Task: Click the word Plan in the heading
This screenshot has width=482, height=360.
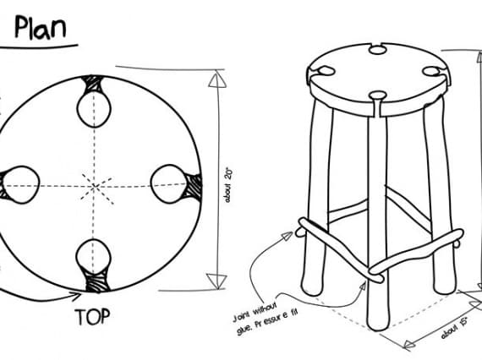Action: click(x=41, y=27)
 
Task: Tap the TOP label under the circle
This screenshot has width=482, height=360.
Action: click(x=92, y=317)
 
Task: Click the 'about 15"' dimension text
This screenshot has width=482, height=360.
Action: click(x=454, y=328)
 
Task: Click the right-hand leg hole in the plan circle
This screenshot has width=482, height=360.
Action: click(x=168, y=184)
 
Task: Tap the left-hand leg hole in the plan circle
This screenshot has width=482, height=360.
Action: click(x=21, y=184)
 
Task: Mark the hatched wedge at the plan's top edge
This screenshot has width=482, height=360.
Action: click(x=92, y=84)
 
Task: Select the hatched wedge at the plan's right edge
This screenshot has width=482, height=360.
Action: click(x=193, y=187)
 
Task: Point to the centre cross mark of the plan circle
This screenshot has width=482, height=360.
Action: click(x=96, y=186)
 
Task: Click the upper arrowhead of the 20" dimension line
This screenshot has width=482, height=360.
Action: click(x=216, y=79)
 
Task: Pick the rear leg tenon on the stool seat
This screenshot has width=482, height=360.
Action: click(x=377, y=50)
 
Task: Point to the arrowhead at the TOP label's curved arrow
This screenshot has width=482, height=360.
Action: click(x=76, y=296)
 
